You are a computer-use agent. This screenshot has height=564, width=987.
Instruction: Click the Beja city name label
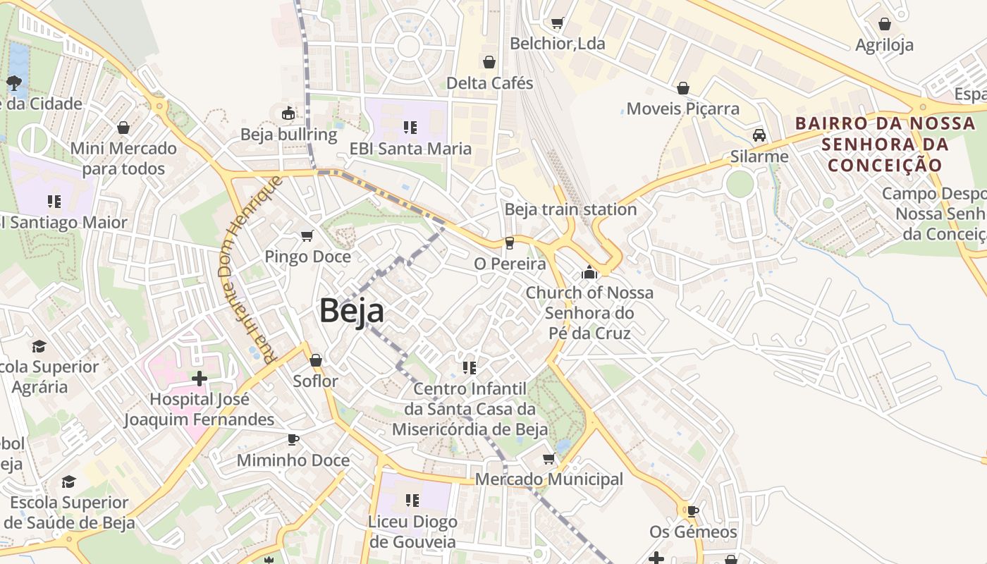(352, 311)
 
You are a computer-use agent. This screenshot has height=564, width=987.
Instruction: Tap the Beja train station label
(570, 209)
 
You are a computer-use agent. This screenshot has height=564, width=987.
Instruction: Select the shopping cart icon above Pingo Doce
(307, 235)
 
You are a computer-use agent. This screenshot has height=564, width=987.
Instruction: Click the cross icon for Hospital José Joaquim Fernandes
(200, 379)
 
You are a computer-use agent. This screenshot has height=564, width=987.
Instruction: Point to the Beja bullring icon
(288, 113)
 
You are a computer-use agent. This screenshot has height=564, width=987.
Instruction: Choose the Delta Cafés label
(489, 83)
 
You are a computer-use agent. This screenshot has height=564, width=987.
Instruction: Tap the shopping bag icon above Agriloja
(885, 24)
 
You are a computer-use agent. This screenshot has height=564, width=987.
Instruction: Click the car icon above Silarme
(759, 135)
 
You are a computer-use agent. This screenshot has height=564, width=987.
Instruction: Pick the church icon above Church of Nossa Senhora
(589, 271)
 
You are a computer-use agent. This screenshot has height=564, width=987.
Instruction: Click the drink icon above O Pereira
(510, 243)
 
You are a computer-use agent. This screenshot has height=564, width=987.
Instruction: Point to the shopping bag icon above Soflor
(316, 360)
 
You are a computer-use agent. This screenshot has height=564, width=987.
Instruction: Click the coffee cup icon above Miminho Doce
(293, 440)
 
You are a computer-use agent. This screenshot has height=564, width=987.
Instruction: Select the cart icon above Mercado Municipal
(549, 459)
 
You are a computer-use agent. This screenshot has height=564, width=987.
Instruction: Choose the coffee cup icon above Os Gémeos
(692, 511)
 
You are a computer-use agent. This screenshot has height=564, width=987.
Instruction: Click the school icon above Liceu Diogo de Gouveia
(412, 501)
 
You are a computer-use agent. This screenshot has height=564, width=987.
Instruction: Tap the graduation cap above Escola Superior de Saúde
(68, 482)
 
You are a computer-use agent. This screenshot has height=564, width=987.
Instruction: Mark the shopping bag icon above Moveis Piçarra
(682, 88)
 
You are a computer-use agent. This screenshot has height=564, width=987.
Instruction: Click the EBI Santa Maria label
(410, 149)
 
